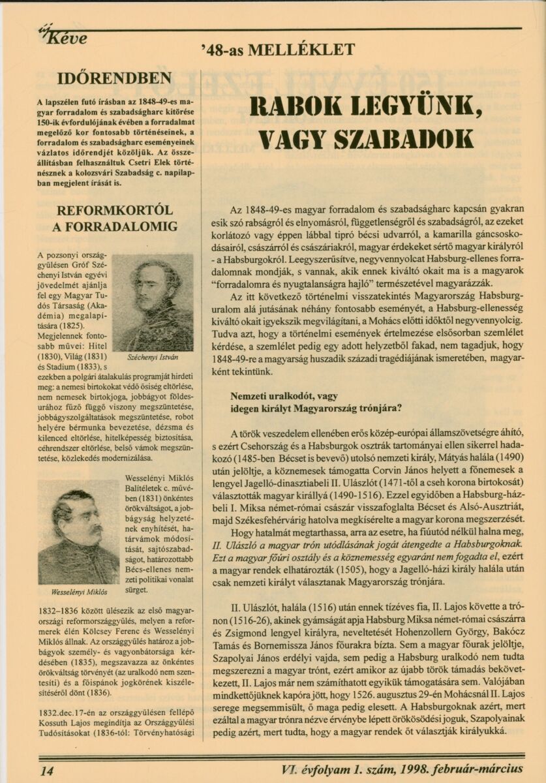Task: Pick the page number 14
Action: tap(47, 770)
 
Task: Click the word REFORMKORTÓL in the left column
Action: tap(115, 210)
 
